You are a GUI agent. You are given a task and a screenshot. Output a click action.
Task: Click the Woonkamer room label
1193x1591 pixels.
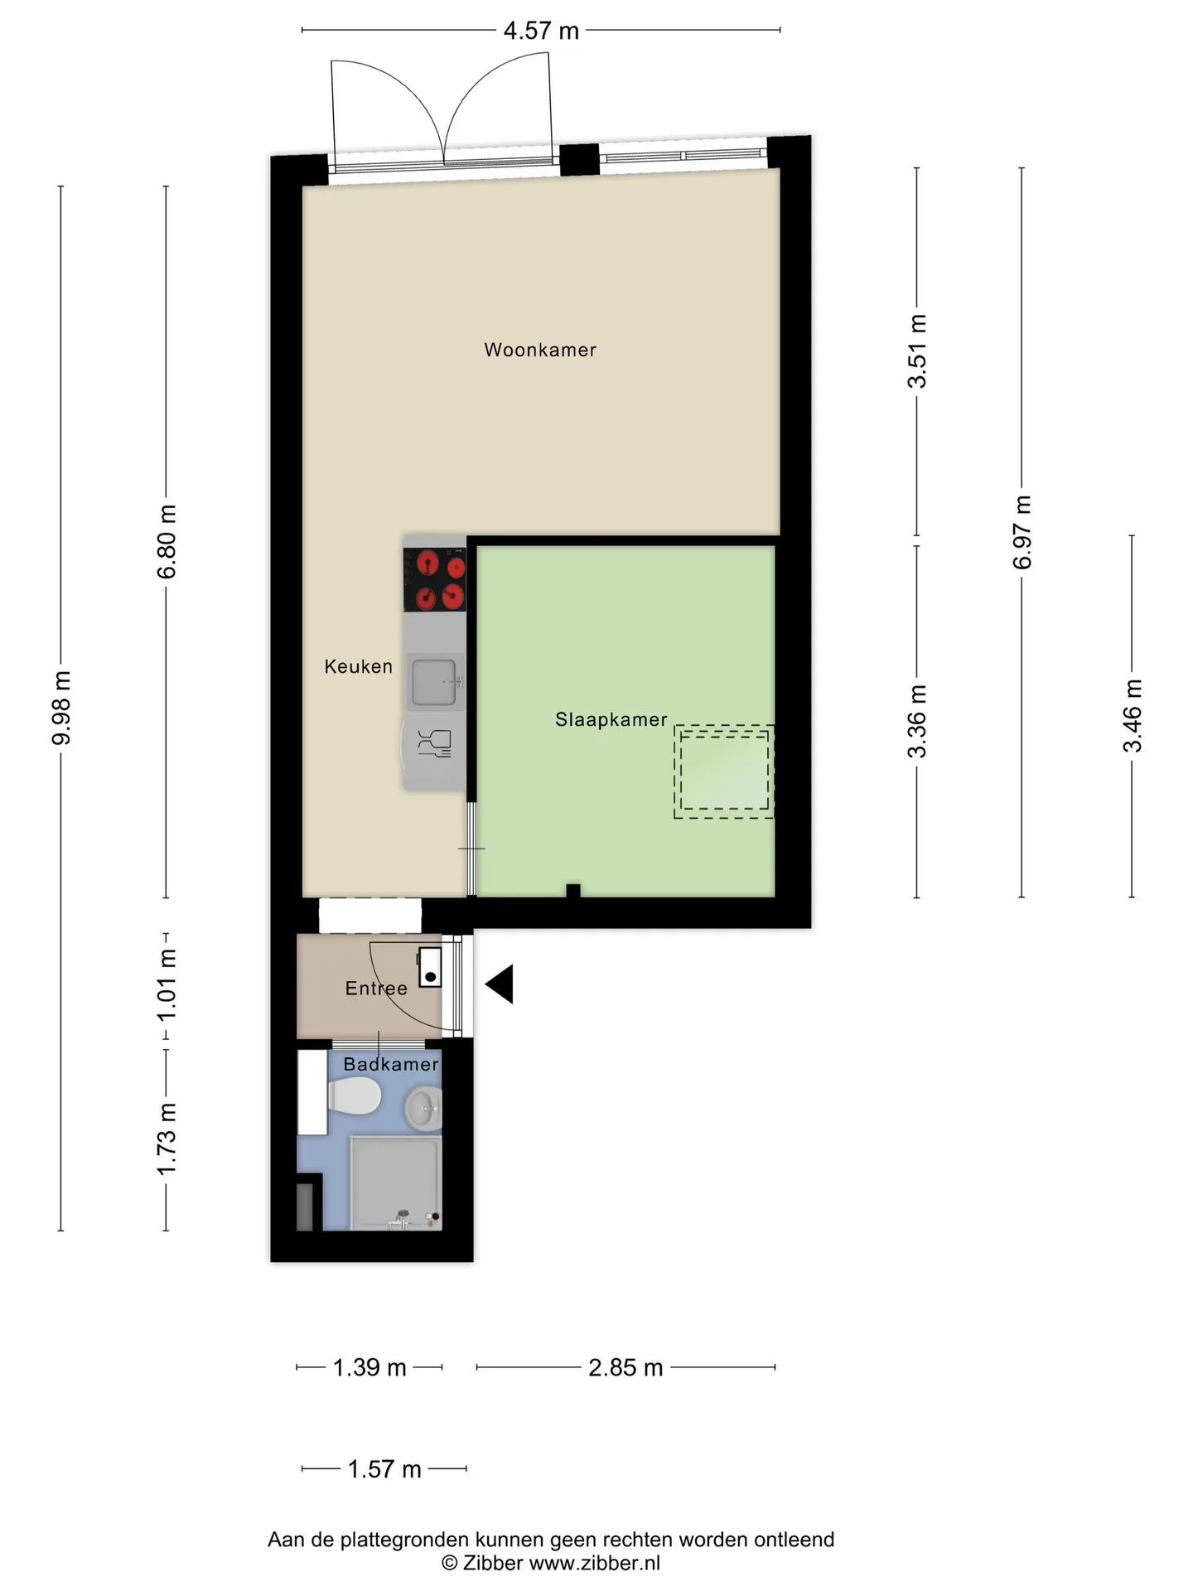pyautogui.click(x=540, y=350)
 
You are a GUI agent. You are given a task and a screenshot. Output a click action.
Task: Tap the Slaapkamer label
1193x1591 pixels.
pyautogui.click(x=611, y=719)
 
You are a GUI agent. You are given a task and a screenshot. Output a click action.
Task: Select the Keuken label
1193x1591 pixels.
pyautogui.click(x=358, y=666)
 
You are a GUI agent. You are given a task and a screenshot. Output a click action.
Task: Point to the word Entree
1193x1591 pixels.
pyautogui.click(x=376, y=988)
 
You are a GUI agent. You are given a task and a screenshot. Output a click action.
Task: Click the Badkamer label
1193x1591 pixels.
pyautogui.click(x=391, y=1064)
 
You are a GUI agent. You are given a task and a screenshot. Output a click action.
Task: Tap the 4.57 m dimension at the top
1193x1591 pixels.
pyautogui.click(x=541, y=31)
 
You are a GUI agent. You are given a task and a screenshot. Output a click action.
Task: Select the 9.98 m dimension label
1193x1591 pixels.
pyautogui.click(x=61, y=708)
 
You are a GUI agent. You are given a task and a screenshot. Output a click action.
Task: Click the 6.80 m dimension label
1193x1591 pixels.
pyautogui.click(x=167, y=542)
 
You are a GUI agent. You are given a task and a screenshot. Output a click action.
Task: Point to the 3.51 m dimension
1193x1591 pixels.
pyautogui.click(x=917, y=351)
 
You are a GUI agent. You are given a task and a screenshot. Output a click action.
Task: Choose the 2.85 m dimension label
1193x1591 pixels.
pyautogui.click(x=625, y=1367)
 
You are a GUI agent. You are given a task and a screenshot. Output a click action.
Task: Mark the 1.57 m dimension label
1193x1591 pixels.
pyautogui.click(x=384, y=1469)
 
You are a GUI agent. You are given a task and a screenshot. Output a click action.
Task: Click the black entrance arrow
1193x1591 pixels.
pyautogui.click(x=500, y=984)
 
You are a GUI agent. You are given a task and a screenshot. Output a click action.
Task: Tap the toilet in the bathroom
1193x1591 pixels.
pyautogui.click(x=354, y=1096)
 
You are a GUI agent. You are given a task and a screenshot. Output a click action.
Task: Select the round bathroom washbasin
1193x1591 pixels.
pyautogui.click(x=423, y=1107)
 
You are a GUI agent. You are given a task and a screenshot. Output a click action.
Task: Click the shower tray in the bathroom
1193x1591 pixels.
pyautogui.click(x=396, y=1183)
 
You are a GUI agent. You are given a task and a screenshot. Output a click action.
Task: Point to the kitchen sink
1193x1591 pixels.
pyautogui.click(x=435, y=683)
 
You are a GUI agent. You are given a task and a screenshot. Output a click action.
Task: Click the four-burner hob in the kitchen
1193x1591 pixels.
pyautogui.click(x=435, y=579)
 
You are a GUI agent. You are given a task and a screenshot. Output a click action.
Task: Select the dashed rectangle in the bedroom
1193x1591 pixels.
pyautogui.click(x=724, y=772)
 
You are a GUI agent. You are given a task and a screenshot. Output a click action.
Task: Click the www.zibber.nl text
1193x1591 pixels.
pyautogui.click(x=594, y=1563)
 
